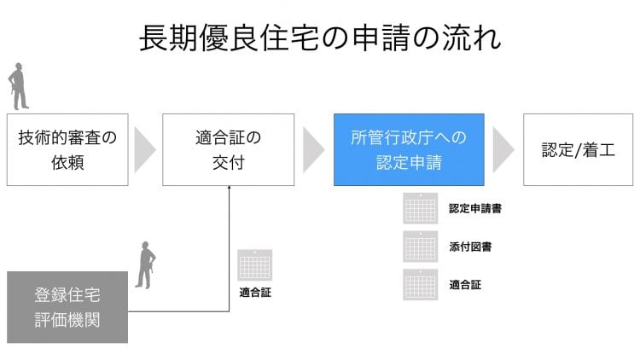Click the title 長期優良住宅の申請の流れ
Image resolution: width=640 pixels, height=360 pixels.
pyautogui.click(x=320, y=38)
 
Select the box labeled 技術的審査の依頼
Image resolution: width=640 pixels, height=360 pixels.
pyautogui.click(x=67, y=150)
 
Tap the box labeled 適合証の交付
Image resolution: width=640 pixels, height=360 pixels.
pyautogui.click(x=228, y=150)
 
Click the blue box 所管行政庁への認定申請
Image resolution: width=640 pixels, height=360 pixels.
pyautogui.click(x=409, y=150)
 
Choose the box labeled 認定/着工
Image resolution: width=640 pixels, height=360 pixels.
pyautogui.click(x=578, y=150)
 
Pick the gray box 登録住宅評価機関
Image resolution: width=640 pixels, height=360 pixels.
pyautogui.click(x=67, y=307)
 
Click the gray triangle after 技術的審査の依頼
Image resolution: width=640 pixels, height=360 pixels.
pyautogui.click(x=144, y=150)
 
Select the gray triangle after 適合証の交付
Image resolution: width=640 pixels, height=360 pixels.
pyautogui.click(x=313, y=150)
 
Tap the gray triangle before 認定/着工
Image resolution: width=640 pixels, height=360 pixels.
pyautogui.click(x=503, y=150)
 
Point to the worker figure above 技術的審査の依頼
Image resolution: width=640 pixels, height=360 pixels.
pyautogui.click(x=19, y=86)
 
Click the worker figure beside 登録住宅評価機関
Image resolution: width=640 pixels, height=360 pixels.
pyautogui.click(x=146, y=265)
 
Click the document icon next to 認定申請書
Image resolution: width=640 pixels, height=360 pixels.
pyautogui.click(x=421, y=208)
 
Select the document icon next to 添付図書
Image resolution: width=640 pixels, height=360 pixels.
pyautogui.click(x=421, y=247)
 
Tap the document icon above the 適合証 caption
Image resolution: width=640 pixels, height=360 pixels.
pyautogui.click(x=254, y=265)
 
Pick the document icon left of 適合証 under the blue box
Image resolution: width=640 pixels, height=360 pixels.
pyautogui.click(x=421, y=284)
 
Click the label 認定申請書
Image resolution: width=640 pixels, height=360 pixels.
pyautogui.click(x=475, y=208)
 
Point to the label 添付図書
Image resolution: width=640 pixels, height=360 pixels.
pyautogui.click(x=470, y=247)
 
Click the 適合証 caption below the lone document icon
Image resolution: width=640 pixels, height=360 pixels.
pyautogui.click(x=255, y=293)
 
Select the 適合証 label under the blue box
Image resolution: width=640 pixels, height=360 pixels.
pyautogui.click(x=465, y=284)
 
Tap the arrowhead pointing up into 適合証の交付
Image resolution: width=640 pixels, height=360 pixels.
pyautogui.click(x=229, y=188)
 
